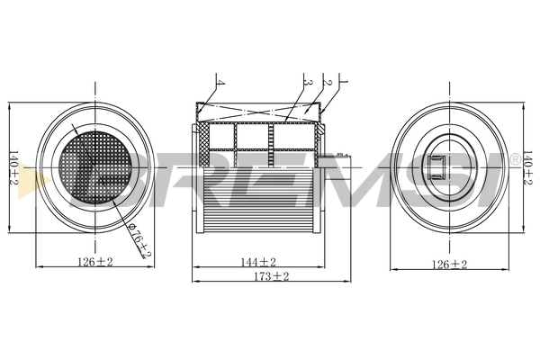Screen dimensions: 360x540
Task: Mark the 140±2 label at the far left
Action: click(x=13, y=167)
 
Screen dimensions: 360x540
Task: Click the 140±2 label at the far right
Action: click(x=527, y=167)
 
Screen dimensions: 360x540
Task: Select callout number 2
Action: click(x=329, y=83)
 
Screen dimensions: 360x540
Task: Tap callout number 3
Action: click(x=309, y=83)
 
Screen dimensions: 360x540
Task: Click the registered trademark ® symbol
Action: click(x=514, y=159)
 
